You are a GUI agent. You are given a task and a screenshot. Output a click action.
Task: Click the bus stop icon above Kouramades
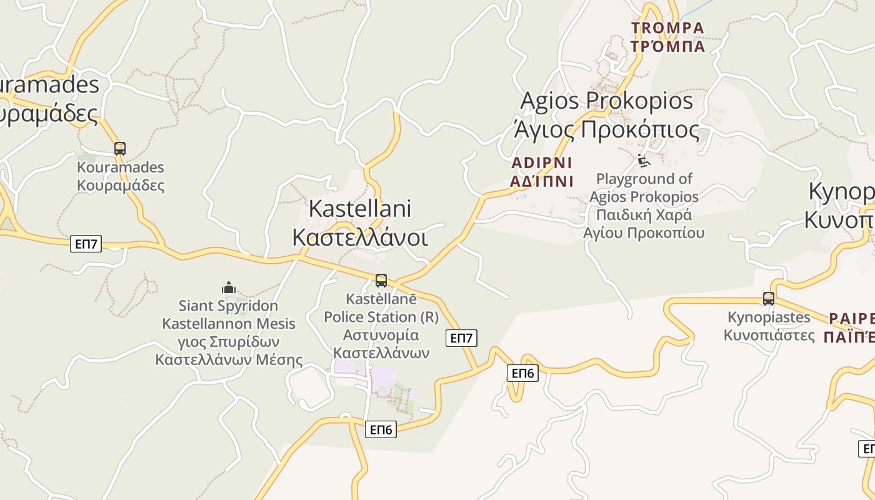point(120,149)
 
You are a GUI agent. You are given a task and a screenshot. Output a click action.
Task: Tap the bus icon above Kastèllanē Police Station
point(381,281)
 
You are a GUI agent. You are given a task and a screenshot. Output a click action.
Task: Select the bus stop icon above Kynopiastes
point(769,299)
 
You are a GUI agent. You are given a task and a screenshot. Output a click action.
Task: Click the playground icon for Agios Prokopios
point(644,161)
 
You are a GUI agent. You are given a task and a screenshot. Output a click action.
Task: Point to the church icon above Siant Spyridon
point(229,287)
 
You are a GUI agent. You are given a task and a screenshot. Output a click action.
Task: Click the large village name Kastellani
point(360,209)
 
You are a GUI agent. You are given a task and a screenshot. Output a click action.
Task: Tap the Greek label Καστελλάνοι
point(360,237)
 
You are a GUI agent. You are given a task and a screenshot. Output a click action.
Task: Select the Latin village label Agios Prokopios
point(606,100)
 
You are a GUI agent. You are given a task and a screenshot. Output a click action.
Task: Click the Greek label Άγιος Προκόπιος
point(606,129)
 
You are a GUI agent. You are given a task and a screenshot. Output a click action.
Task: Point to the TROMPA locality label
point(667,28)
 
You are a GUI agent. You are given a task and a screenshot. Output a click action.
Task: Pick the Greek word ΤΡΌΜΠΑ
point(667,46)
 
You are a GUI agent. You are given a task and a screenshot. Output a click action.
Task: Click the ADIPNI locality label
point(541,163)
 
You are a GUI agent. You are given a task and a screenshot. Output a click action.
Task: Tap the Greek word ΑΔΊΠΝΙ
point(541,181)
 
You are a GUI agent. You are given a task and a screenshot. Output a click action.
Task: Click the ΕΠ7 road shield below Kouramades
point(86,244)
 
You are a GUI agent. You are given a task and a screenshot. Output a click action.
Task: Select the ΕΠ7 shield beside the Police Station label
point(461,338)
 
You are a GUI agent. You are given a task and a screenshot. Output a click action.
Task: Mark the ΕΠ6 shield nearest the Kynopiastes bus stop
point(522,373)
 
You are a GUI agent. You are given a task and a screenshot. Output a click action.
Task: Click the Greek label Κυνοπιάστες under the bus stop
point(769,335)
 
